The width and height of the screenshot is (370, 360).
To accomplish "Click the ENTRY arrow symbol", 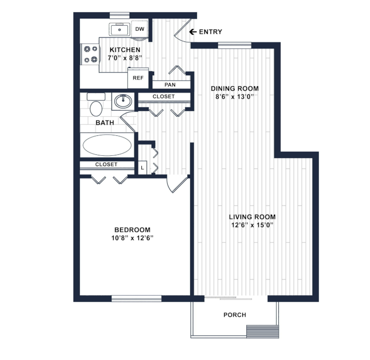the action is coord(193,32).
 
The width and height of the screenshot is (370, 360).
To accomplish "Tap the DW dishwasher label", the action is coord(140,29).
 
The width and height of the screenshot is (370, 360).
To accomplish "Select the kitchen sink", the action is coord(119,29).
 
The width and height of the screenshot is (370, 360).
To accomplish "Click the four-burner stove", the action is coord(91,54).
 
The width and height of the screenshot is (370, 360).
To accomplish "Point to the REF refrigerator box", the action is coord(138,78).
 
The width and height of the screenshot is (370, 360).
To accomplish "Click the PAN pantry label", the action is coord(170,85).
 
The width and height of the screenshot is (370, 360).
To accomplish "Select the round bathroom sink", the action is coord(123,101).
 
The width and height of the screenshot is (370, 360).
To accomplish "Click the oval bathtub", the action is coord(107,145).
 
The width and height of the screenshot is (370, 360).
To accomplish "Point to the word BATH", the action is coord(105,123).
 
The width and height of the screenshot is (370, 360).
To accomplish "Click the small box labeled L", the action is coord(142,167).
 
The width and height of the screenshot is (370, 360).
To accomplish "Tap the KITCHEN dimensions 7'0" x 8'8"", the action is coord(125,58).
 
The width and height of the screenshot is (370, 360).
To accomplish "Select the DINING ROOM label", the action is coord(235,88).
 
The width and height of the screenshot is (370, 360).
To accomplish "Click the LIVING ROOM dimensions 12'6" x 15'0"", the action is coord(252,225).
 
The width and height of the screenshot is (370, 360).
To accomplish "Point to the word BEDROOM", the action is coord(132,230).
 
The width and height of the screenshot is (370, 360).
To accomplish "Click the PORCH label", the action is coord(235,315).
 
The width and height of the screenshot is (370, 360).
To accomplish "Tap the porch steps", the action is coord(263,332).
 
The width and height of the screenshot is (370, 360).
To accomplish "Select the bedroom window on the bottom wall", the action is coord(136,299).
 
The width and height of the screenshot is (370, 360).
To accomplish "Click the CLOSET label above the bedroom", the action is coord(106,164).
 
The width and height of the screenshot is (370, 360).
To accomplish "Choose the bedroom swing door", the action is coord(178,185).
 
